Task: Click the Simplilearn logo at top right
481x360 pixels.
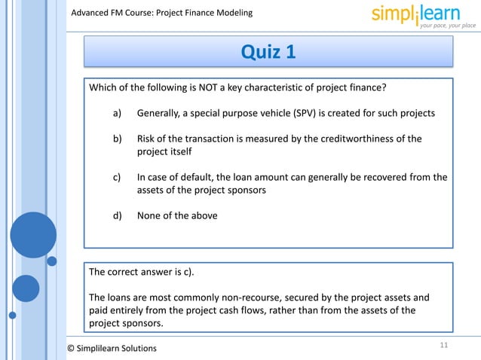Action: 423,15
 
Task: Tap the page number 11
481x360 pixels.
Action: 443,344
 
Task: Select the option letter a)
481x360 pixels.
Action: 118,113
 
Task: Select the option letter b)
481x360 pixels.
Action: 118,139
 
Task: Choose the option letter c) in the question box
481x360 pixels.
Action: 118,178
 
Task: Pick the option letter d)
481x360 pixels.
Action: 118,215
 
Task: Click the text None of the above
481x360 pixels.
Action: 177,215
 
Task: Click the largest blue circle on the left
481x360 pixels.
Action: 32,234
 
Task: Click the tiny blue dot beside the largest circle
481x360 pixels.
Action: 52,261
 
